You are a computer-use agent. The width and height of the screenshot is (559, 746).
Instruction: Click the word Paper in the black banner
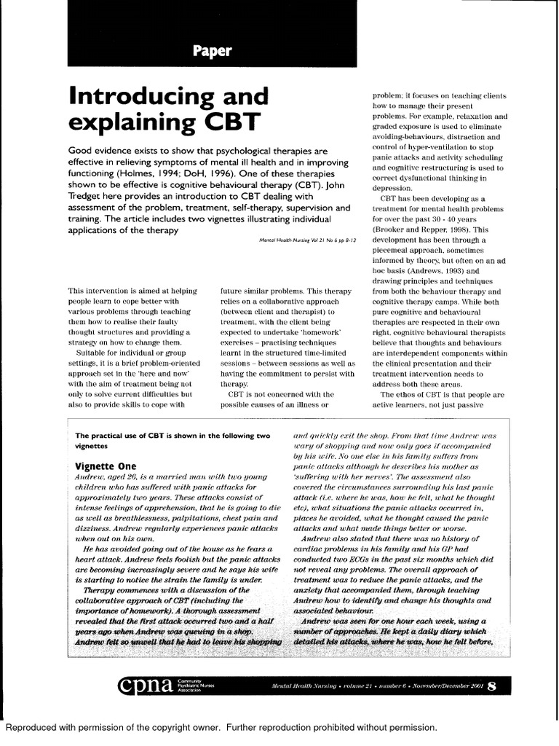(x=213, y=52)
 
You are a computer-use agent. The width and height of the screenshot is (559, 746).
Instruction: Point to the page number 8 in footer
(x=492, y=685)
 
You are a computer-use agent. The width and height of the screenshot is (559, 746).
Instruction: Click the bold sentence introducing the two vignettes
(x=170, y=436)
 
